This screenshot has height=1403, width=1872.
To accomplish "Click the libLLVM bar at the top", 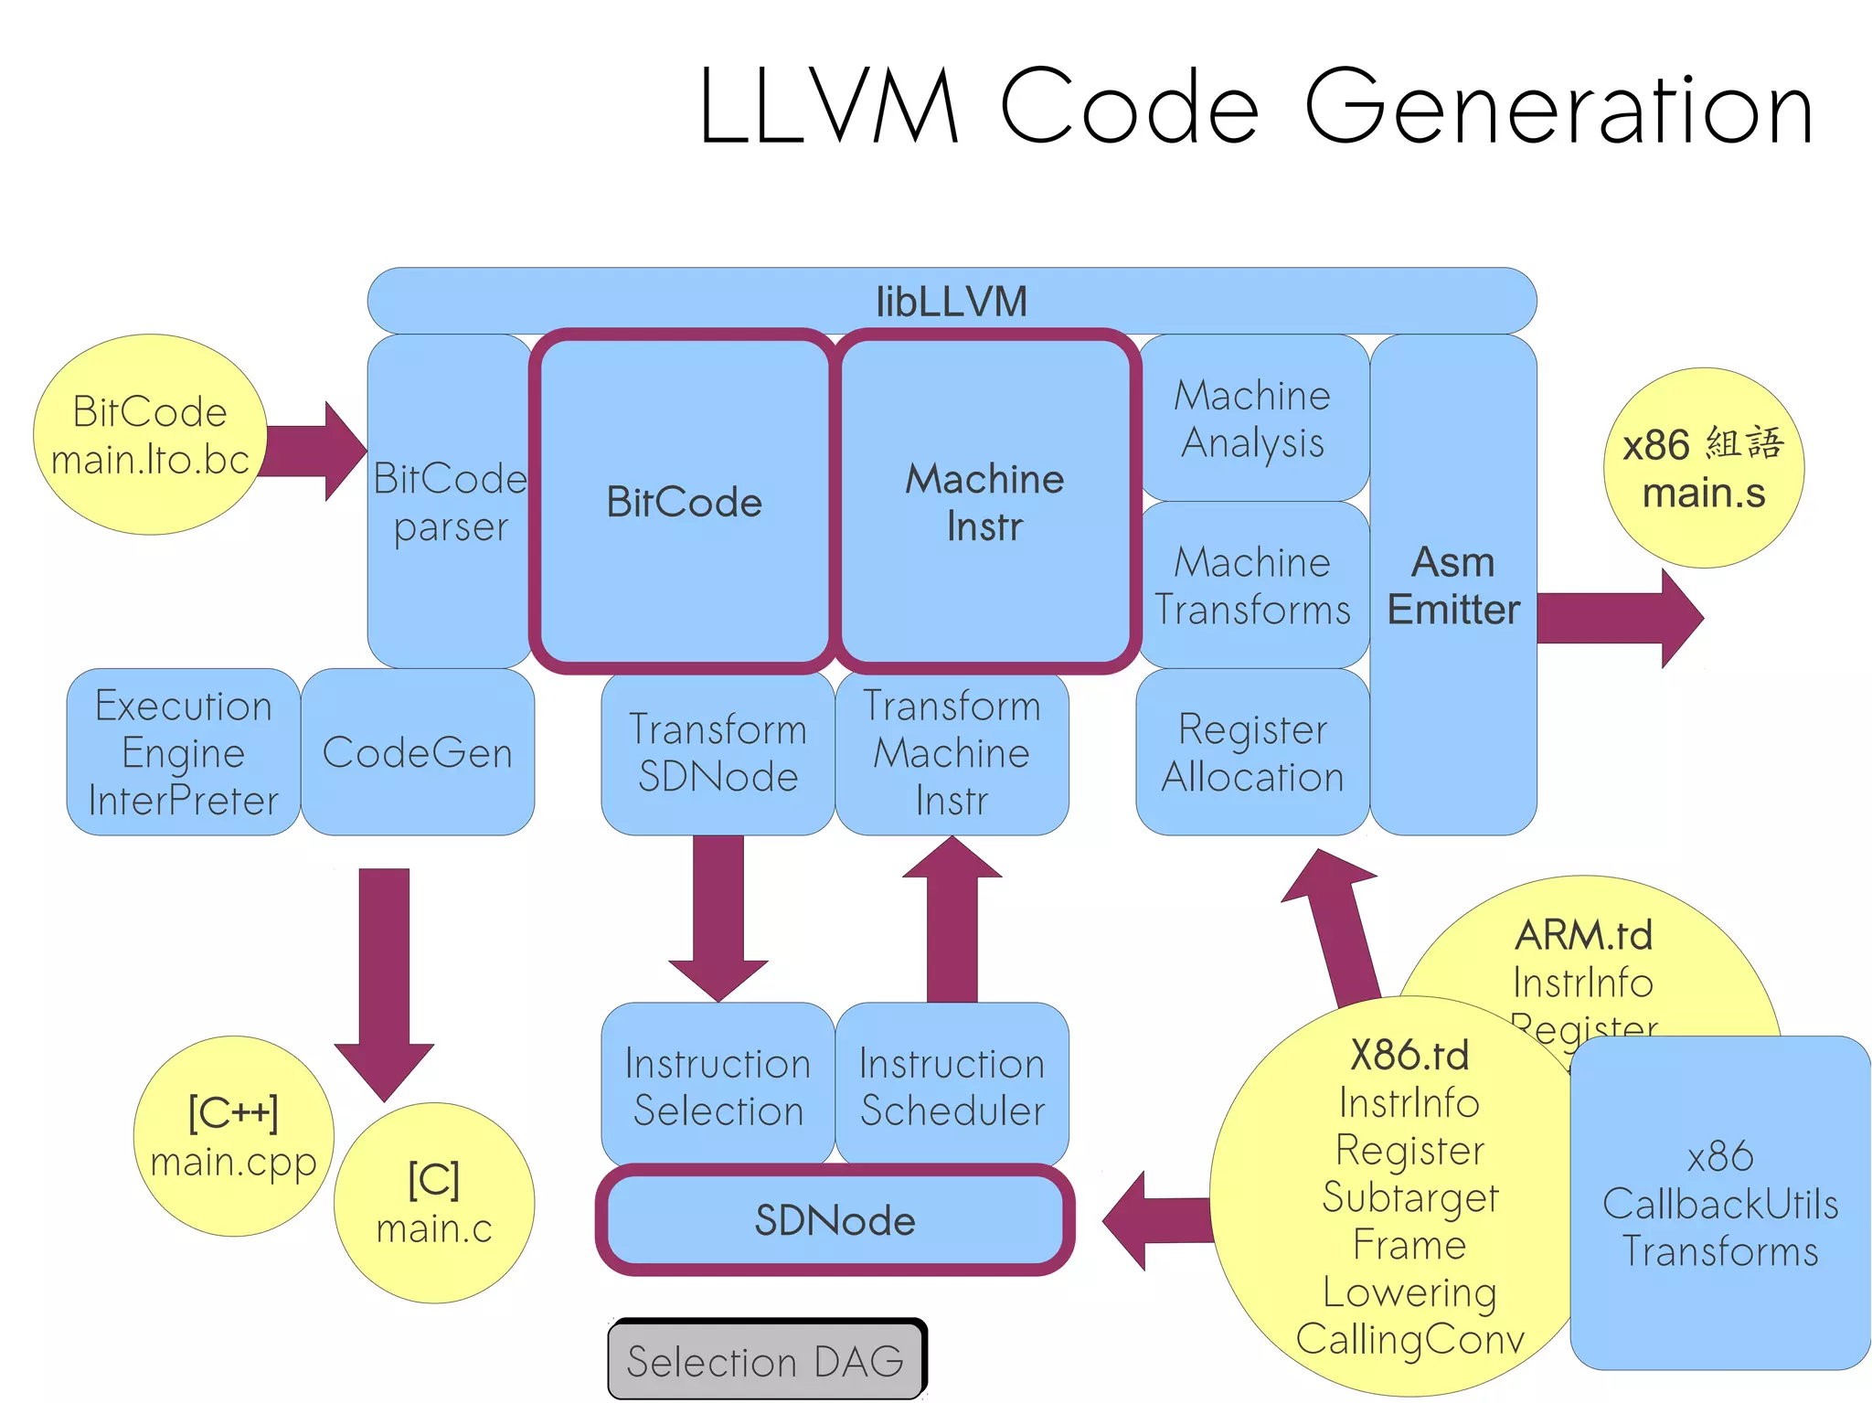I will (951, 301).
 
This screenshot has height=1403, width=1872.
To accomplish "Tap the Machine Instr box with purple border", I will (984, 502).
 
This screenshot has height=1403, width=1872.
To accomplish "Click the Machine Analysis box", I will (1253, 419).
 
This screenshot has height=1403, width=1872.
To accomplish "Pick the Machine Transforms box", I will (1253, 585).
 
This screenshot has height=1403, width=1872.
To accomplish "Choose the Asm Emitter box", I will (1452, 585).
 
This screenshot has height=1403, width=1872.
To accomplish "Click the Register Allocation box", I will (1252, 752).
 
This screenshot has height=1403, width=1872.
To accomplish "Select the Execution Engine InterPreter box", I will (183, 752).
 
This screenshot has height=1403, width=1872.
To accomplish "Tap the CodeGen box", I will (418, 752).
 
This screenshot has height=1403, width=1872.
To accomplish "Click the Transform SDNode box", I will (718, 752).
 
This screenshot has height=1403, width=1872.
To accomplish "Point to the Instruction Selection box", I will (718, 1086).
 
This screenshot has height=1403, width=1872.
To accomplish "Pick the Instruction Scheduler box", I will (952, 1086).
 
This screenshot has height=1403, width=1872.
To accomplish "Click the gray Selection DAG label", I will (766, 1361).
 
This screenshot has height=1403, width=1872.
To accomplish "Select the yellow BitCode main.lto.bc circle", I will (150, 435).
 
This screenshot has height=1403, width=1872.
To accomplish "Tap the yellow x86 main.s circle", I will (1703, 468).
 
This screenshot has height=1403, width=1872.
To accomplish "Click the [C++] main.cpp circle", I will (233, 1136).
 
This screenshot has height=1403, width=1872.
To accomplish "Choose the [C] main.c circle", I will (434, 1203).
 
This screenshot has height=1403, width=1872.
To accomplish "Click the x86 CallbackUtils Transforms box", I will (1719, 1203).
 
